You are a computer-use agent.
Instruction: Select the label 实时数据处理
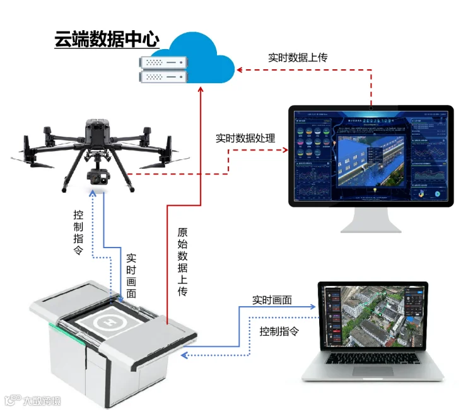click(245, 137)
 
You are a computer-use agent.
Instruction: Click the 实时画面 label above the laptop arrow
click(272, 300)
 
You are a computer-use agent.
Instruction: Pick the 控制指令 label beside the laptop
click(279, 331)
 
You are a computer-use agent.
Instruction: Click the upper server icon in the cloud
click(165, 62)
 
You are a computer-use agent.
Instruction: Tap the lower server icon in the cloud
click(165, 77)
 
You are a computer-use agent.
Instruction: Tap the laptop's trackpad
click(372, 371)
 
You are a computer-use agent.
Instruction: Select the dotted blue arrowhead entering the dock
click(184, 356)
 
